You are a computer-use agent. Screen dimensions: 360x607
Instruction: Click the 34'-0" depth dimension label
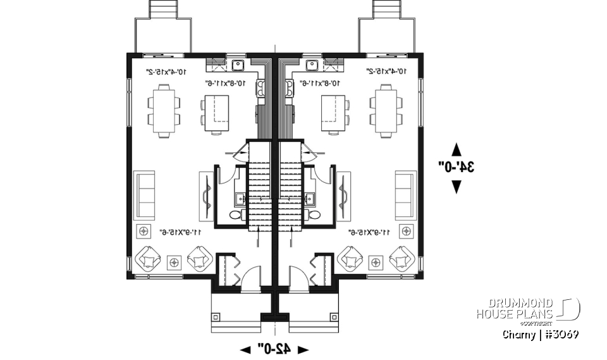click(456, 167)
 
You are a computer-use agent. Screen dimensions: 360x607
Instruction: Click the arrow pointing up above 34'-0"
click(456, 150)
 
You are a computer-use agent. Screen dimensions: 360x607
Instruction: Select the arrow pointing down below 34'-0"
click(456, 186)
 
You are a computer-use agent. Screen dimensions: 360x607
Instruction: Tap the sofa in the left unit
click(146, 194)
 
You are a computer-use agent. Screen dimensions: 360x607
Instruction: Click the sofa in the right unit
click(406, 194)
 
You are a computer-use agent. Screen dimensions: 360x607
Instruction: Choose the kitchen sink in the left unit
click(239, 64)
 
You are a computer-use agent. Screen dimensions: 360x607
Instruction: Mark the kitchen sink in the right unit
click(312, 64)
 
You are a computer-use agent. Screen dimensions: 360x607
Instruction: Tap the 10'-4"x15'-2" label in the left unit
click(166, 72)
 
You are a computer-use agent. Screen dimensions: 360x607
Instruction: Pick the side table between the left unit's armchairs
click(174, 260)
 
